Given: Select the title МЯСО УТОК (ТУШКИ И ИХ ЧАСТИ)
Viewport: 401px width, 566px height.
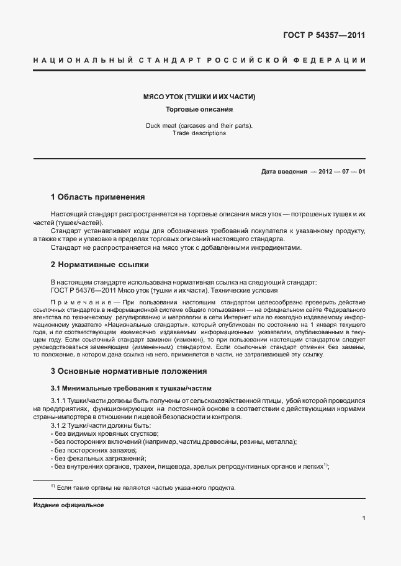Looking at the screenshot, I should click(x=199, y=98).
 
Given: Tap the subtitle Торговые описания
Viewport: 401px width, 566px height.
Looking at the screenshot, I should click(x=199, y=110).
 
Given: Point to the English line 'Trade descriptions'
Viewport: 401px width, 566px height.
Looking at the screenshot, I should click(x=199, y=133).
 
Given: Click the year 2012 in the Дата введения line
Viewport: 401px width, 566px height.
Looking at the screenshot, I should click(x=328, y=172).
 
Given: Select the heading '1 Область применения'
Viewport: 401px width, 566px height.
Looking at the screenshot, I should click(x=97, y=197).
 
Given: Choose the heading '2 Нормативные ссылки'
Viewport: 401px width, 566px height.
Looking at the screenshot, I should click(x=99, y=264).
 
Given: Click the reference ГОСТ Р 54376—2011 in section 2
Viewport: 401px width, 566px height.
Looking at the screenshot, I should click(x=79, y=291).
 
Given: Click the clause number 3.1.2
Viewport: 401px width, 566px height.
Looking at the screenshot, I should click(x=60, y=426).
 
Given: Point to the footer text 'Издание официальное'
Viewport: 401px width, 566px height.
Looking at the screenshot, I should click(x=68, y=505).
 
